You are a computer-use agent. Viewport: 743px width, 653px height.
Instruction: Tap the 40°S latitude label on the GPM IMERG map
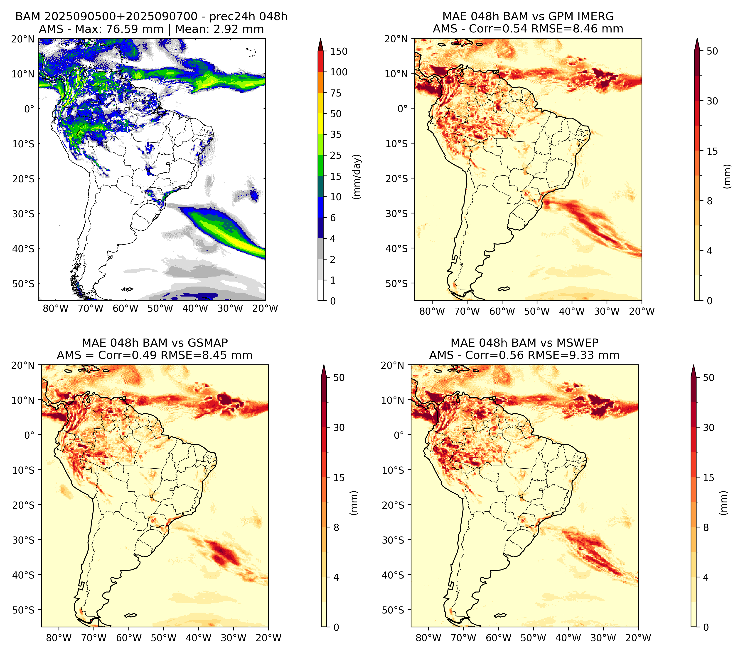coord(397,249)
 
